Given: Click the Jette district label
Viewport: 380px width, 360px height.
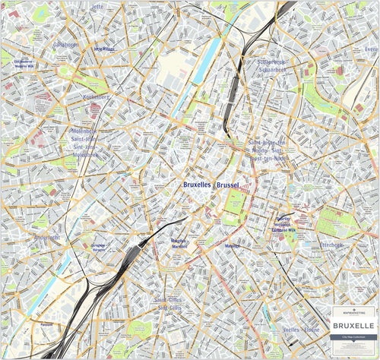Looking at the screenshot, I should [97, 6].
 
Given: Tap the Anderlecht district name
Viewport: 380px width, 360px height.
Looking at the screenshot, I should [46, 237].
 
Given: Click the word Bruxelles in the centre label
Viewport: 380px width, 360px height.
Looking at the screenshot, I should [198, 185].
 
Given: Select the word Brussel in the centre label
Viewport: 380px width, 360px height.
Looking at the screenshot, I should [228, 185].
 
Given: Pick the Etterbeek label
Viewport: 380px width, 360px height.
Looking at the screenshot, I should [331, 245].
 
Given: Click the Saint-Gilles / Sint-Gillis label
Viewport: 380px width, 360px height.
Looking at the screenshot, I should [169, 304].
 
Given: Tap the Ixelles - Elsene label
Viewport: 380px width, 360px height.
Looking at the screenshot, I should [301, 330].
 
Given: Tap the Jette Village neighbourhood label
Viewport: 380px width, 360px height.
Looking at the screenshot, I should [103, 49].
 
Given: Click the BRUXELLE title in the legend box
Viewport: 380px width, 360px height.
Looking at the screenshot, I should [355, 325].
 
